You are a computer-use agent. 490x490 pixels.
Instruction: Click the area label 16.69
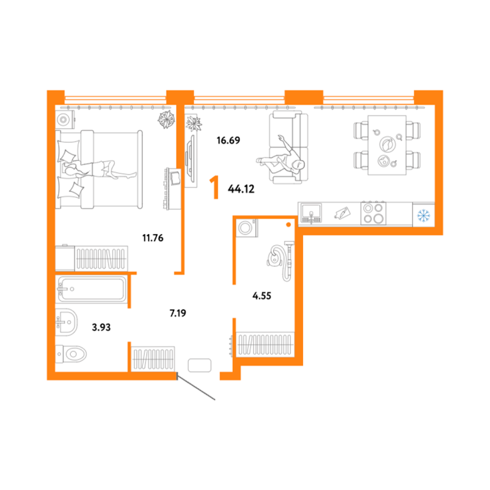228,140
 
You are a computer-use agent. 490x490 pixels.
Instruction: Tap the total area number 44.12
241,189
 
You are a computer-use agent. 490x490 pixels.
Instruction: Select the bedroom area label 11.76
153,238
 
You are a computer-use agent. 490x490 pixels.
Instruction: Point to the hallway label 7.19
178,313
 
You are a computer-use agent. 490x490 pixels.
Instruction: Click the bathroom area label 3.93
101,327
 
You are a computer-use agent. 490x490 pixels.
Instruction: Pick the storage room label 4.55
262,295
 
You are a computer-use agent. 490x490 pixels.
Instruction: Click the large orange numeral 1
214,187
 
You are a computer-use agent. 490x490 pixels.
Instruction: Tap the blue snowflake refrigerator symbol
424,215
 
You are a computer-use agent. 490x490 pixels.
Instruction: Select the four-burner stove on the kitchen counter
373,213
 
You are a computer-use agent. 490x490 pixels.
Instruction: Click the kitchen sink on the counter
311,214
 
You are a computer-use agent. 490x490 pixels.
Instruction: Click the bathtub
91,289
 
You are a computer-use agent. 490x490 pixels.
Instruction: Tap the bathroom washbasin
66,322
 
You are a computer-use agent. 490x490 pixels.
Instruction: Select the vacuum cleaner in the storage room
281,260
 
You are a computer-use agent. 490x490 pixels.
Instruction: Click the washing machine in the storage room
247,228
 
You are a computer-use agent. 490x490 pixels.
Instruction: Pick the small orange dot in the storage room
288,225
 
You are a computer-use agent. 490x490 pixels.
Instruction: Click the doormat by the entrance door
200,365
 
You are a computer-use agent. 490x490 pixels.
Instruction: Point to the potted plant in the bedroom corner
167,119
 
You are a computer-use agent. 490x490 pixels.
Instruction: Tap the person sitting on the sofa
280,158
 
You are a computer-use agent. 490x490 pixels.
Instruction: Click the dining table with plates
387,145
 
